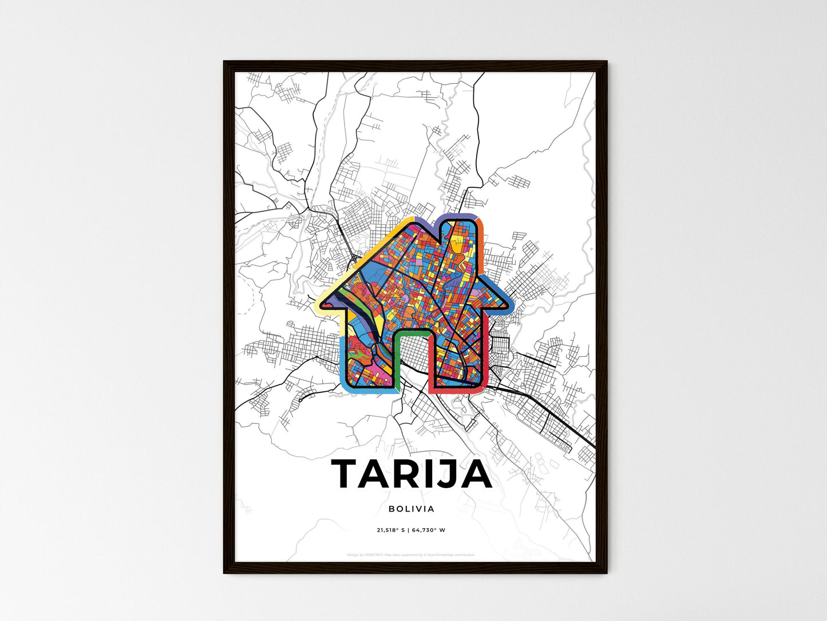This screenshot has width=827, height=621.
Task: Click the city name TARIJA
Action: pos(411,474)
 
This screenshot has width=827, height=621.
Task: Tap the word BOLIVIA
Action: pos(411,509)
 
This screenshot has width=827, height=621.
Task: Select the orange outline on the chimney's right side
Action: pos(482,235)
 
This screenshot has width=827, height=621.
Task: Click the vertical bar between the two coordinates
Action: pos(408,530)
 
